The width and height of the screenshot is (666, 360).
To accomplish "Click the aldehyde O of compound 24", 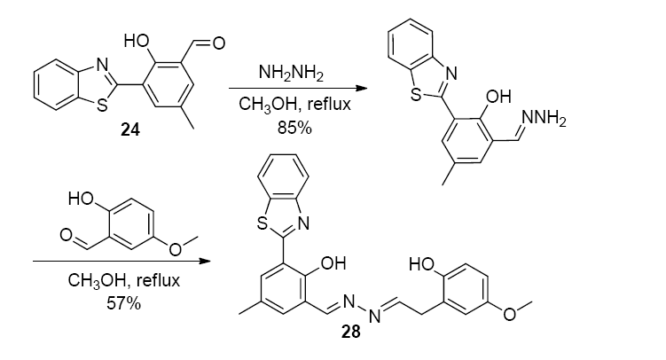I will pyautogui.click(x=218, y=42).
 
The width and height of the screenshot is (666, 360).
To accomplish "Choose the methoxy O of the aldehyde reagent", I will pyautogui.click(x=175, y=249).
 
